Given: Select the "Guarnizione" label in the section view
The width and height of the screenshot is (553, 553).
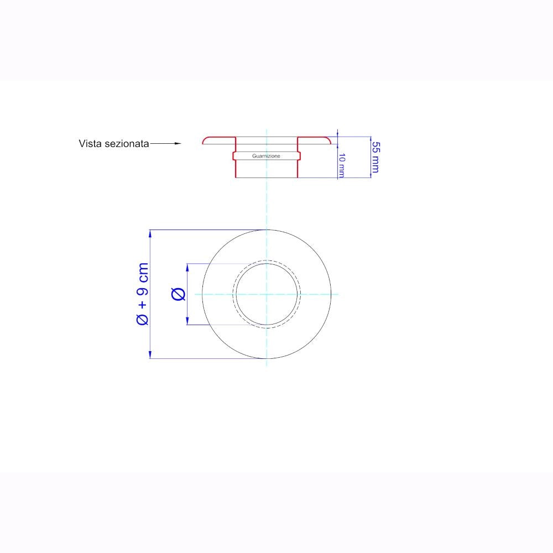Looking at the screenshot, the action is coord(267,156).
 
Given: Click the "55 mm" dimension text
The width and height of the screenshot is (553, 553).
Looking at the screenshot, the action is coord(376,157).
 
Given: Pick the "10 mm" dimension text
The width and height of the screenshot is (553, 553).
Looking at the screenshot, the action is coord(342,165).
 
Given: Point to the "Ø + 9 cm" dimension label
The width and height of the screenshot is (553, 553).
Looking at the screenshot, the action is coord(143,294).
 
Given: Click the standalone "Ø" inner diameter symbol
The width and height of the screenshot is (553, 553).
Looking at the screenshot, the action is coord(179,294).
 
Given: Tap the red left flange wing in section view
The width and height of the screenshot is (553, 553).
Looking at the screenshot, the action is coord(218,140).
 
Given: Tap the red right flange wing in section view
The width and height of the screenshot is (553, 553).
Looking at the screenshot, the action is coord(315,140).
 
